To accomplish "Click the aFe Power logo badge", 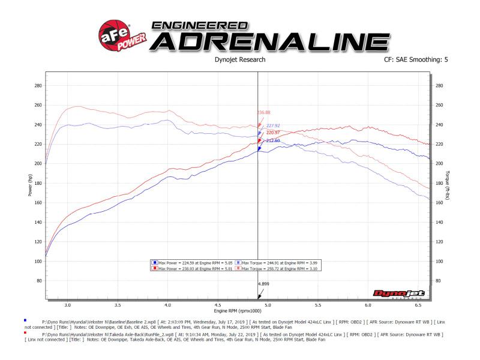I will tap(118, 36).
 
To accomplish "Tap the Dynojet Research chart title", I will tap(239, 61).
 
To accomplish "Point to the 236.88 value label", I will tap(264, 112).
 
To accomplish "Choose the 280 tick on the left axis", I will tap(38, 86).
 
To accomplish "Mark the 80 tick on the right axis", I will tap(439, 281).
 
